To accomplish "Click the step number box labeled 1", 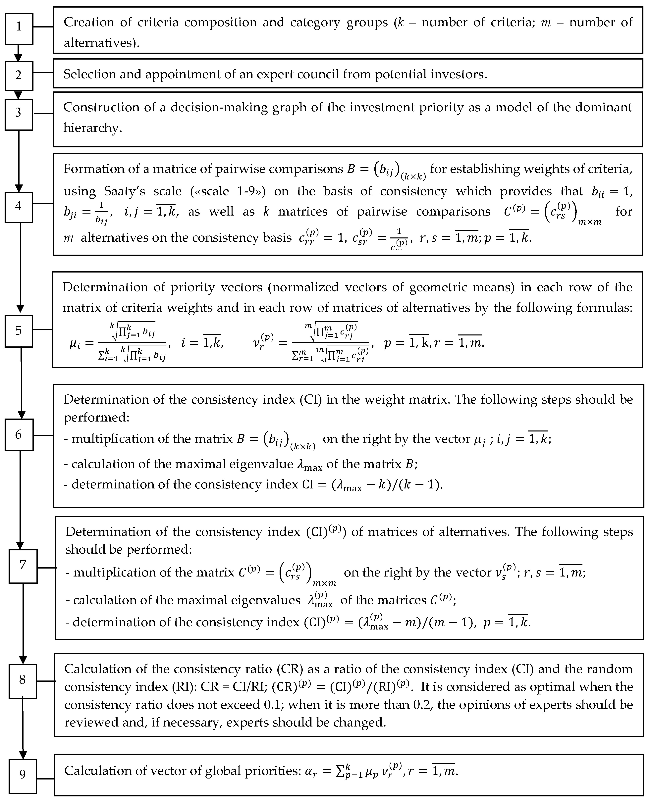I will pyautogui.click(x=19, y=29).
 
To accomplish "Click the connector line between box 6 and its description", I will pyautogui.click(x=43, y=435).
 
